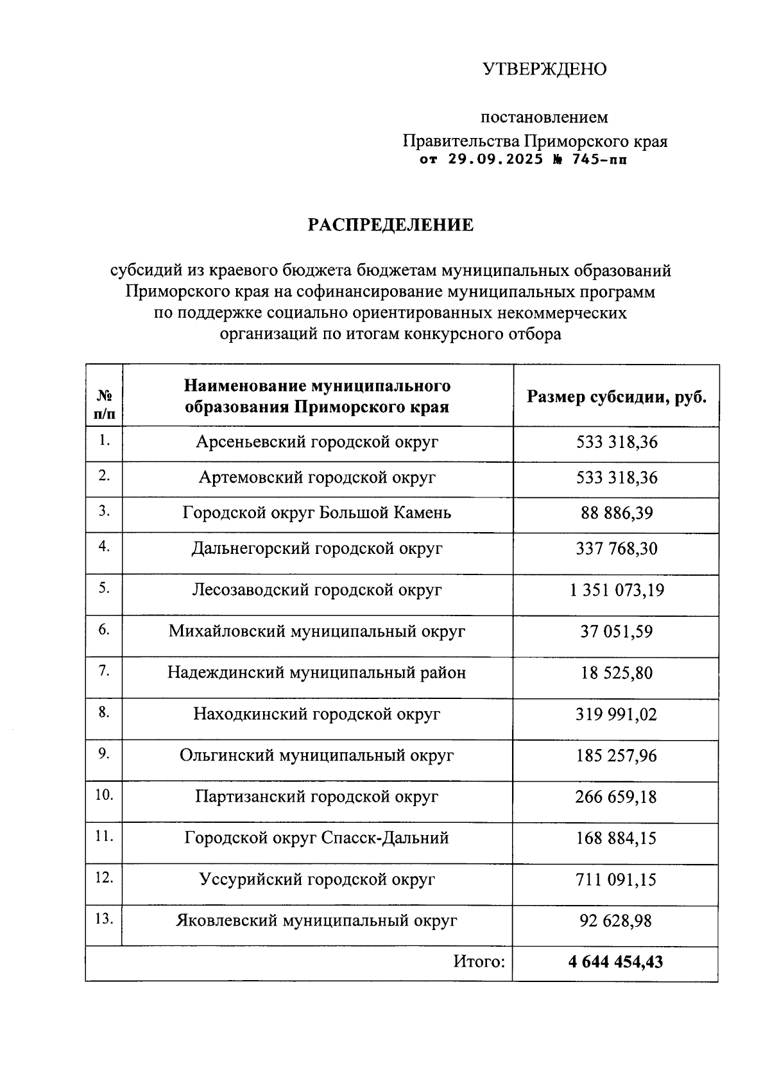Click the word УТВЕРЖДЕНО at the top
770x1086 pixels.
pyautogui.click(x=544, y=69)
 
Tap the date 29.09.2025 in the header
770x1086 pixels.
pyautogui.click(x=495, y=159)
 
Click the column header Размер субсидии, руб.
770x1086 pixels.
pyautogui.click(x=616, y=397)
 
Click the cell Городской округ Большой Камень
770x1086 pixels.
pyautogui.click(x=317, y=513)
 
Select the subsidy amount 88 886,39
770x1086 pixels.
pyautogui.click(x=616, y=513)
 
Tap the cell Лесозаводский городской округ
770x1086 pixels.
pyautogui.click(x=317, y=590)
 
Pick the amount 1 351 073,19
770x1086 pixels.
pyautogui.click(x=616, y=590)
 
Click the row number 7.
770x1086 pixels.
pyautogui.click(x=104, y=671)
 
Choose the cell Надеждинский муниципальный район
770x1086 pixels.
pyautogui.click(x=317, y=673)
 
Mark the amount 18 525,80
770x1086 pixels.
pyautogui.click(x=616, y=673)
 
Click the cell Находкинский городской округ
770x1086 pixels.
pyautogui.click(x=317, y=714)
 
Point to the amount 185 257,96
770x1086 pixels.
pyautogui.click(x=616, y=755)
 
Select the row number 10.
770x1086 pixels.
pyautogui.click(x=104, y=795)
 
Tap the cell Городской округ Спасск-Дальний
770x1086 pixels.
pyautogui.click(x=317, y=838)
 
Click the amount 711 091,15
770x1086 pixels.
pyautogui.click(x=616, y=879)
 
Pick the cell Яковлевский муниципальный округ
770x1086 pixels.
pyautogui.click(x=317, y=920)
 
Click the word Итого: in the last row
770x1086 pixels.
pyautogui.click(x=479, y=961)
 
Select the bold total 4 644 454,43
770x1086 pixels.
pyautogui.click(x=615, y=961)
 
